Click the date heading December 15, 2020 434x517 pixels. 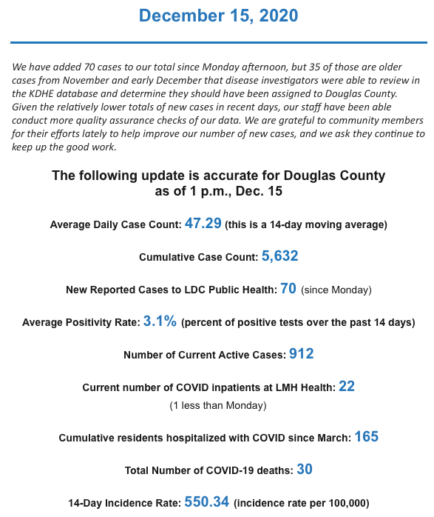(217, 16)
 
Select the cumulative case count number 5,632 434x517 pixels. (279, 256)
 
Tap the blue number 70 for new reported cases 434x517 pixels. (288, 288)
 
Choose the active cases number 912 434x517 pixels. (302, 353)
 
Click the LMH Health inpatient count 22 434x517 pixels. (347, 386)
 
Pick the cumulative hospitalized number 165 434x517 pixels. (366, 436)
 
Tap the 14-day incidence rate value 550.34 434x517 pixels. (207, 501)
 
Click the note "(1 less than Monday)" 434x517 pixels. (217, 405)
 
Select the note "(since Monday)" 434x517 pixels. (336, 290)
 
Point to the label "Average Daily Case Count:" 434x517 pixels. (115, 224)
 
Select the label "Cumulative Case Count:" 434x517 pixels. (198, 258)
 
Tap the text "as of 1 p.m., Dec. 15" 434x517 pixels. (217, 191)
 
